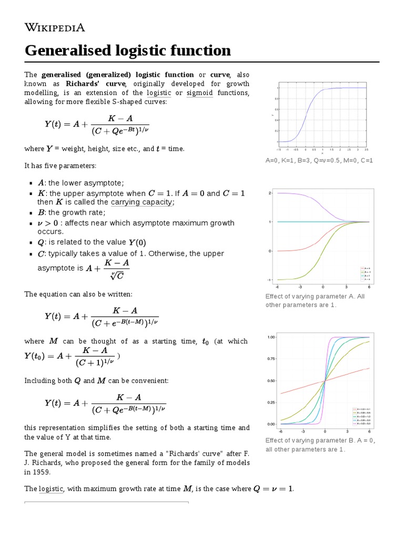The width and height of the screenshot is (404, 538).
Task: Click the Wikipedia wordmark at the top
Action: (55, 27)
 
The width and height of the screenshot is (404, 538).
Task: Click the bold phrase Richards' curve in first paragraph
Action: (96, 84)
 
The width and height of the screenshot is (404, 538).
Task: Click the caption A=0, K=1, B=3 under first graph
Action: (319, 160)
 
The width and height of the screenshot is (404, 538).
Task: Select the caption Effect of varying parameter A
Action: (315, 296)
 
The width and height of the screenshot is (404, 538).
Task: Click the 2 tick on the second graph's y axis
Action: (270, 193)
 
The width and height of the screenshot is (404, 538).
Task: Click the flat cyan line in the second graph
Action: (316, 222)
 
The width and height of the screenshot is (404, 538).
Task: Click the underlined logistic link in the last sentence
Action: (51, 489)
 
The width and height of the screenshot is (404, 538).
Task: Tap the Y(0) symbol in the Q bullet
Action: (137, 243)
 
